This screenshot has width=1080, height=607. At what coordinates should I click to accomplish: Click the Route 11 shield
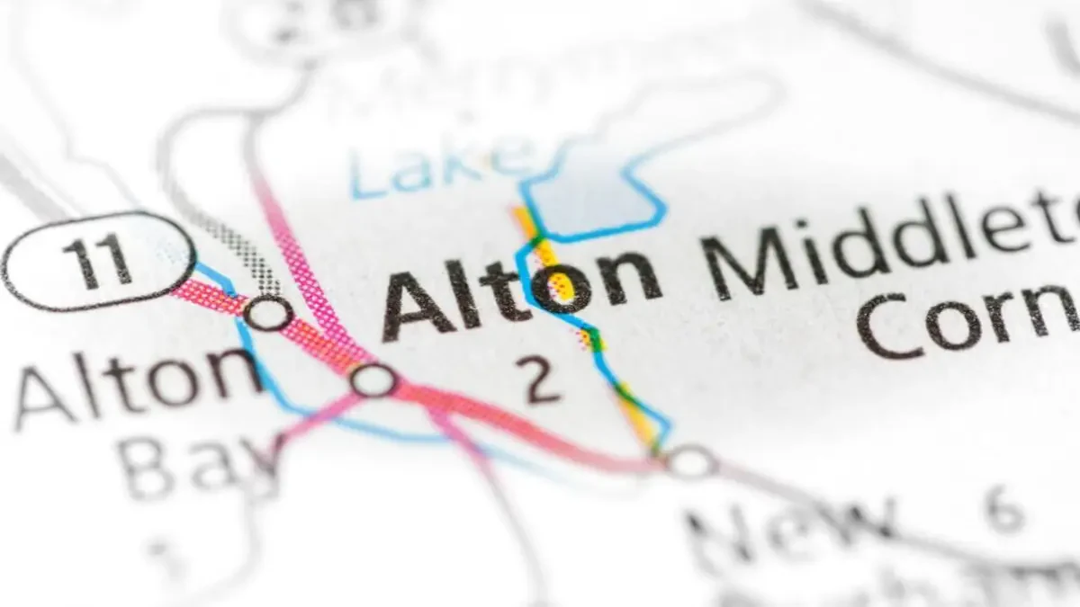click(x=97, y=261)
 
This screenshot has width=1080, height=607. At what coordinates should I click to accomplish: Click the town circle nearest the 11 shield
click(x=269, y=313)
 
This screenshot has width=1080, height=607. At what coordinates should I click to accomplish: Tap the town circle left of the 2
click(x=374, y=379)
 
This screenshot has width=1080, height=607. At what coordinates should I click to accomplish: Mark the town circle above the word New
click(x=690, y=462)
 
